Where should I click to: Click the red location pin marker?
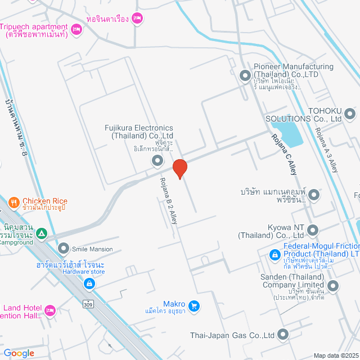(x=179, y=169)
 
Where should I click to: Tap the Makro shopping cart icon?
(x=194, y=306)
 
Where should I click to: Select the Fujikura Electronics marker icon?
(x=157, y=161)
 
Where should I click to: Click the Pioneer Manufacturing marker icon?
(x=245, y=75)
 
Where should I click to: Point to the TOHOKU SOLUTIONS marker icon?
(x=350, y=114)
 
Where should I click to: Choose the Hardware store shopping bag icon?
(x=89, y=284)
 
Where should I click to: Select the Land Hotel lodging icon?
(x=49, y=310)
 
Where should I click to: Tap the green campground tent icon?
(x=40, y=233)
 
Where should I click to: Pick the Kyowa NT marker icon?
(x=313, y=230)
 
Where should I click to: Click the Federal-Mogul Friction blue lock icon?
(x=274, y=255)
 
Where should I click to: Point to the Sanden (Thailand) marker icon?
(x=333, y=286)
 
